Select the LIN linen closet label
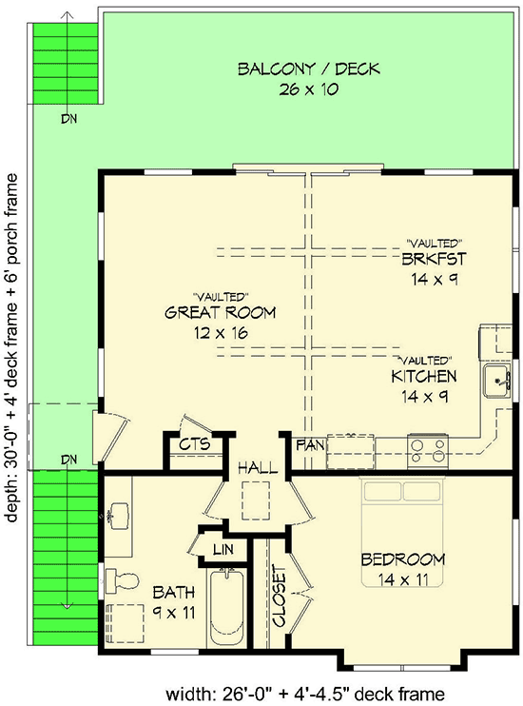[x=223, y=549]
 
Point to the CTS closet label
[x=195, y=443]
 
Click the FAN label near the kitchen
[x=308, y=444]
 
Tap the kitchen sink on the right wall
[x=497, y=382]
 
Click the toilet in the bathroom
[x=116, y=578]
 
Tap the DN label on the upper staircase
[x=68, y=119]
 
